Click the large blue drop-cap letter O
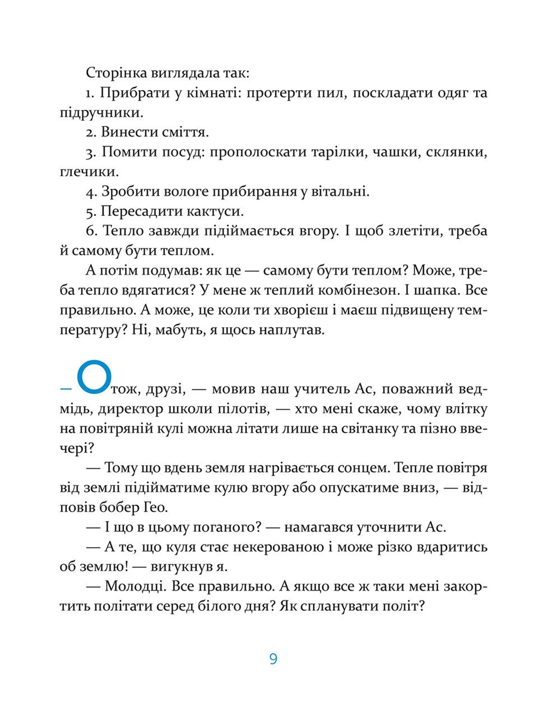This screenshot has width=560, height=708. click(94, 377)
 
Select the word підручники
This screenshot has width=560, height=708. click(101, 113)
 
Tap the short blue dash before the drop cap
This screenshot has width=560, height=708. click(66, 389)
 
